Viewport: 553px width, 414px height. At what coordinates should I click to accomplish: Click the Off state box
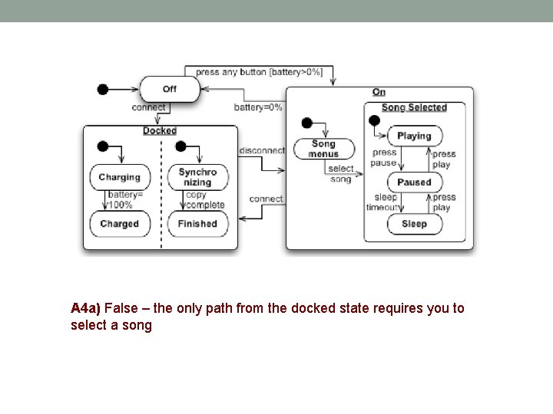tap(169, 89)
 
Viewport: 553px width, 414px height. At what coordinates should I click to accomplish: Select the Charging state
tap(119, 177)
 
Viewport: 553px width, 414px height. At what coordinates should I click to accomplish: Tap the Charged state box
tap(119, 224)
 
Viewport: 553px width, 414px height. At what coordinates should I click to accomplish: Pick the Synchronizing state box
tap(197, 177)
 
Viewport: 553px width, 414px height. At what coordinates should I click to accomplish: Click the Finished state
tap(197, 224)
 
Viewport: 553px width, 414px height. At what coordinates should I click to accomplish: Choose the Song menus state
tap(323, 149)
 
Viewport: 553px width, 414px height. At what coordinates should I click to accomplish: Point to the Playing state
tap(414, 136)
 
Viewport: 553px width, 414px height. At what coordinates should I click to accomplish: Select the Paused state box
tap(414, 182)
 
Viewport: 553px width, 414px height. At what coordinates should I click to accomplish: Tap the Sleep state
tap(414, 224)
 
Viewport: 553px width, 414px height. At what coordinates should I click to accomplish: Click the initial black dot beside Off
tap(103, 89)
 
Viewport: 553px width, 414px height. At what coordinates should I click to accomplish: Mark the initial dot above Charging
tap(102, 146)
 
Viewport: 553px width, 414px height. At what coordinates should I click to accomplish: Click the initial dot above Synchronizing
tap(181, 146)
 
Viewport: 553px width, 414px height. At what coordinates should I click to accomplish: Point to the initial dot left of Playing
tap(374, 121)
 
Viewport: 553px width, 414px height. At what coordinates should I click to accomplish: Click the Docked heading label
tap(160, 131)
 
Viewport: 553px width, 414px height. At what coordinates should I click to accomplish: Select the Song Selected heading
tap(414, 107)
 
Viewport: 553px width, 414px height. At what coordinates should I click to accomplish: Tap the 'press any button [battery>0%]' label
tap(259, 72)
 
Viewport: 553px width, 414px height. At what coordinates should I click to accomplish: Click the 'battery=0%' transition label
tap(258, 107)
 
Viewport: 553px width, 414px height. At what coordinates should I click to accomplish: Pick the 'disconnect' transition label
tap(262, 150)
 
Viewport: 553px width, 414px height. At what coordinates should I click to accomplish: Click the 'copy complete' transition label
tap(205, 200)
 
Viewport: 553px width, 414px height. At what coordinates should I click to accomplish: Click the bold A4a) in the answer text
tap(85, 308)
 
